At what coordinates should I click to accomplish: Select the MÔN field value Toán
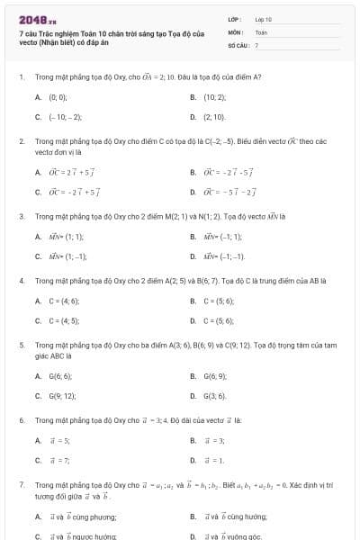coord(261,31)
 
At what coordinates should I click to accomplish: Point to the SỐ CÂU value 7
coord(256,44)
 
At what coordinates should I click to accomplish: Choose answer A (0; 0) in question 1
coord(58,95)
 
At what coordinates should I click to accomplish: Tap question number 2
coord(21,141)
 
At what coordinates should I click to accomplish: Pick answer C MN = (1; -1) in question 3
coord(68,256)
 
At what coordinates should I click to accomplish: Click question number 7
coord(21,484)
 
